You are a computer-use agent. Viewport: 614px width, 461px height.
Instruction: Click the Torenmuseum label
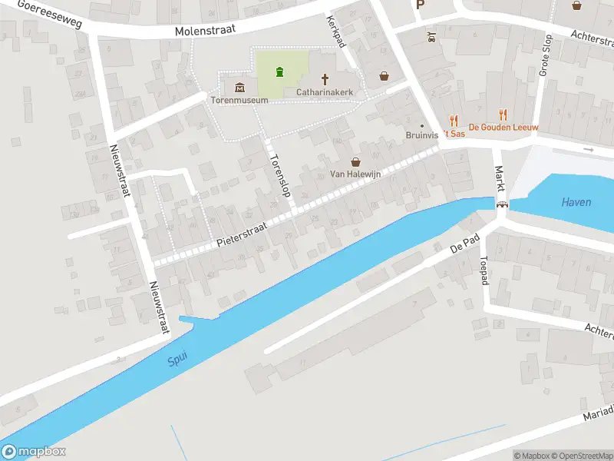pos(240,100)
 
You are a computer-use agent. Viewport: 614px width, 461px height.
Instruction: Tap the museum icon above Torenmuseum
pos(240,85)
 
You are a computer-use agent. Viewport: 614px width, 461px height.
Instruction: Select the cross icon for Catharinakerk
pos(325,78)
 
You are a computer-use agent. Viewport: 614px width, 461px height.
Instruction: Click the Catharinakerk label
pos(325,92)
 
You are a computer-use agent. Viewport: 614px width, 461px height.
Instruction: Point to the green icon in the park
pos(279,72)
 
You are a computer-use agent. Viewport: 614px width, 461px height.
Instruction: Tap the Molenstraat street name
pos(205,30)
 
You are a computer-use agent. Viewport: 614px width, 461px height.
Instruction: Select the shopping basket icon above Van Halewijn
pos(355,161)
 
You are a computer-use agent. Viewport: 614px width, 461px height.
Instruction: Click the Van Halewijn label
pos(355,174)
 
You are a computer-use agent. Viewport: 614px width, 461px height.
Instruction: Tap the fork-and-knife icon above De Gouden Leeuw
pos(503,114)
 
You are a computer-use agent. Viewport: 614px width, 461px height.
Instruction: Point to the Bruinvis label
pos(422,134)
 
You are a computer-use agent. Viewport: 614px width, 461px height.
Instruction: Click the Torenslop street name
pos(278,175)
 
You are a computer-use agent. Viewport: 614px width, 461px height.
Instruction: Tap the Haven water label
pos(576,202)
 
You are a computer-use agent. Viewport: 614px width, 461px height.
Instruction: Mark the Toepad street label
pos(484,271)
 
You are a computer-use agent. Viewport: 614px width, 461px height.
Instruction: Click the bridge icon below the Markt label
pos(502,205)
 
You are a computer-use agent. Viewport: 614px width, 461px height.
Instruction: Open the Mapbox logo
pos(34,452)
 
